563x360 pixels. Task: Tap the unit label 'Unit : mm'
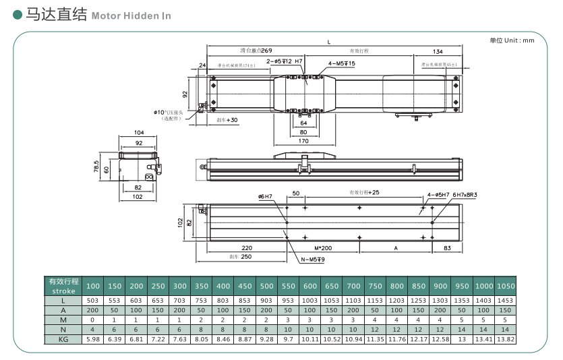(x=512, y=40)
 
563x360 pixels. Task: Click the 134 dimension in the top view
(x=438, y=51)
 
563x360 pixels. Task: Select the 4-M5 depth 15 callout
(x=342, y=63)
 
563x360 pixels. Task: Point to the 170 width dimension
(x=303, y=141)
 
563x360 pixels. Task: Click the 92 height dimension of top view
(x=185, y=94)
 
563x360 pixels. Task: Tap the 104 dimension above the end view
(x=140, y=133)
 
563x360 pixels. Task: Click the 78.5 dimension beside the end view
(x=96, y=166)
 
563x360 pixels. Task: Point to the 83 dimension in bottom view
(x=448, y=247)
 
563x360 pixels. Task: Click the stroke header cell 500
(x=266, y=286)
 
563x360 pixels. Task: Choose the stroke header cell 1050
(x=505, y=286)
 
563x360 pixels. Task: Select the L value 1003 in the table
(x=309, y=300)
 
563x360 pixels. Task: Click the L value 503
(x=93, y=300)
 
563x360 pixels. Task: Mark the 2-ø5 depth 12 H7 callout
(x=285, y=61)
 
